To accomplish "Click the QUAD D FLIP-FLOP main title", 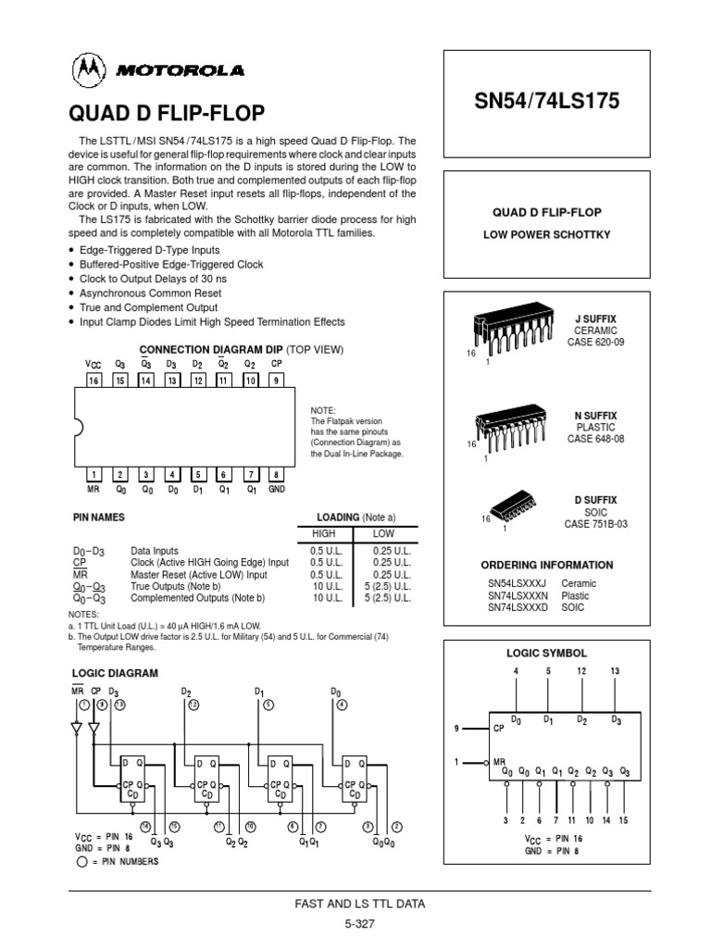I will pos(168,113).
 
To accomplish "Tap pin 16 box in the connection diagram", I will pos(94,380).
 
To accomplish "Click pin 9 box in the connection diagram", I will pos(276,380).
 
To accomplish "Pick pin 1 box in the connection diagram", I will pos(94,475).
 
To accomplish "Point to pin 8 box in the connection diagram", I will pos(276,475).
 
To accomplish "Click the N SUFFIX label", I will pos(595,416).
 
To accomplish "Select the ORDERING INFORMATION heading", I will pos(546,565).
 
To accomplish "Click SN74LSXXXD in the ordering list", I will pos(518,608).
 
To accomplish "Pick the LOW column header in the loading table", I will pos(383,534).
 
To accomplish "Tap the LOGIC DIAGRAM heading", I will pos(115,673).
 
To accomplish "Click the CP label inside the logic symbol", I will pos(499,728).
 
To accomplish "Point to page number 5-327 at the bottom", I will pos(355,923).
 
